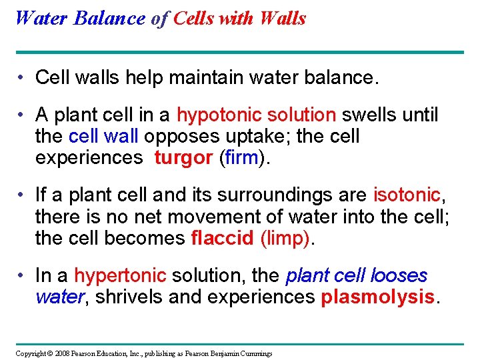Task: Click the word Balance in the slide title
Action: [108, 18]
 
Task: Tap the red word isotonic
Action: [407, 195]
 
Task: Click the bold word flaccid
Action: [221, 238]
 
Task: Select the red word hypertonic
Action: [119, 275]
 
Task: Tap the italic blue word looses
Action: [399, 275]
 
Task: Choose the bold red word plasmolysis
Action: [377, 297]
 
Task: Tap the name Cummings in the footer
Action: [254, 353]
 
